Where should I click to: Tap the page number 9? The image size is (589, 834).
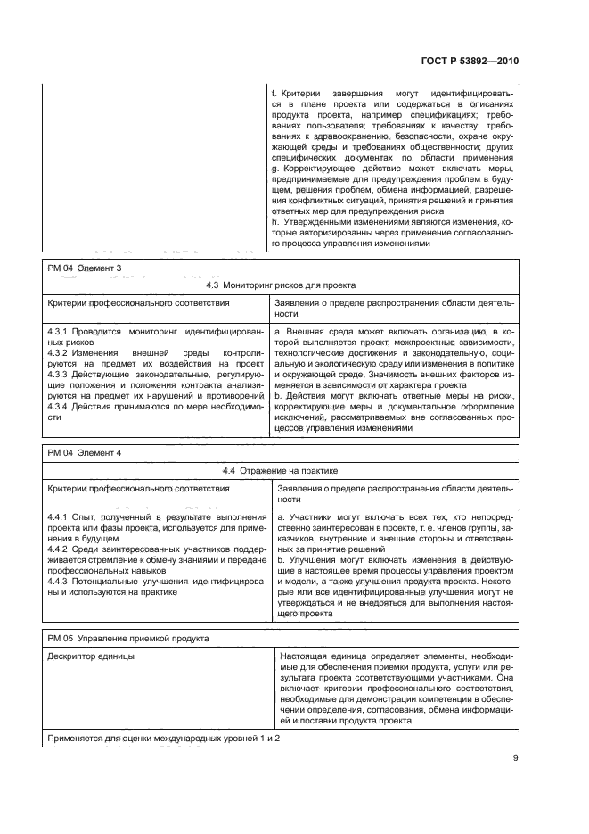click(x=515, y=759)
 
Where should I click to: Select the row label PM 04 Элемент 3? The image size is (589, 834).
click(x=83, y=268)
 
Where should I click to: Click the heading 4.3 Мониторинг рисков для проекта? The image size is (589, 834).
click(x=282, y=285)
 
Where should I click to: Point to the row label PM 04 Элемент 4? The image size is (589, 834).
click(x=83, y=453)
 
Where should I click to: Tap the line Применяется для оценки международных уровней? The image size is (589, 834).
click(x=164, y=740)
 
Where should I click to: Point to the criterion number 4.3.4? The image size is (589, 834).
click(x=59, y=407)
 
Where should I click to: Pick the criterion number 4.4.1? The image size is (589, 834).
click(x=59, y=517)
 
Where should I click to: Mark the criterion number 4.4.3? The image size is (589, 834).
click(x=59, y=580)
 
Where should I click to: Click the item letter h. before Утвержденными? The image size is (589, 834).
click(x=274, y=221)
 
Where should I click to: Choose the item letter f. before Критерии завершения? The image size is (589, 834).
click(x=273, y=93)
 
